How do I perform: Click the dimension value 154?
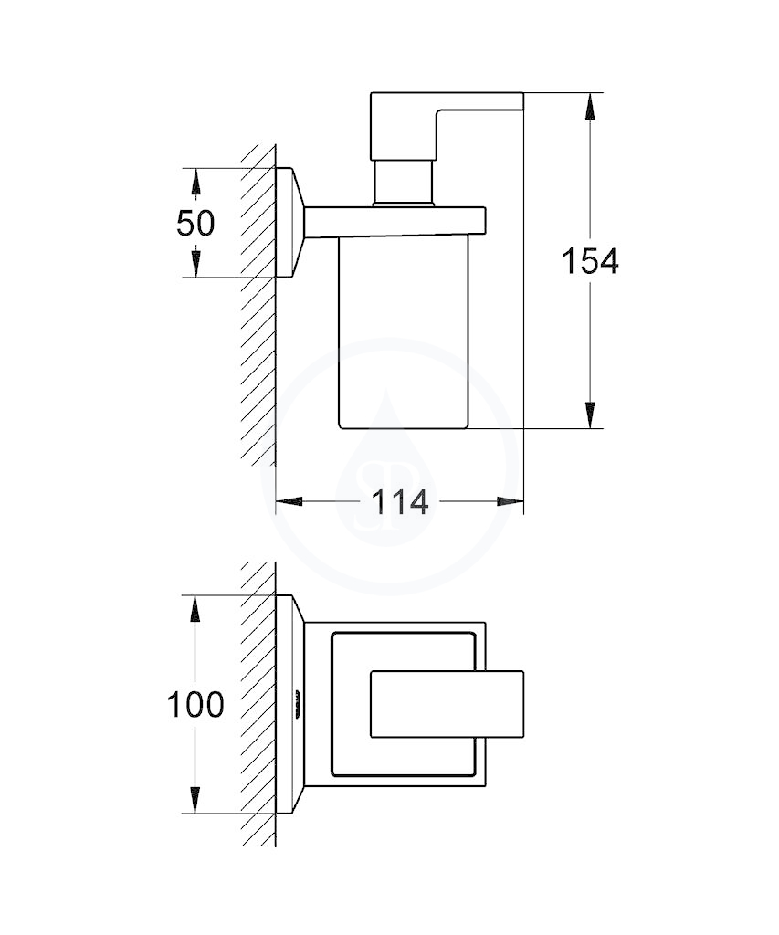[x=590, y=261]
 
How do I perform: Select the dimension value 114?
[x=400, y=502]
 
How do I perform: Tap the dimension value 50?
[x=195, y=223]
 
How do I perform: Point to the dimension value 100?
[x=195, y=704]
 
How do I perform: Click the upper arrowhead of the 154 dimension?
[x=589, y=106]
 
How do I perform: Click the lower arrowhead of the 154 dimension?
[x=589, y=415]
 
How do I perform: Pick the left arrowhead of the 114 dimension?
[x=289, y=502]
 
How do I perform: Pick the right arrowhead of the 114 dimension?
[x=510, y=502]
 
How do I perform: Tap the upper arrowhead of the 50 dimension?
[x=195, y=181]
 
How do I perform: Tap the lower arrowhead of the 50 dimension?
[x=195, y=264]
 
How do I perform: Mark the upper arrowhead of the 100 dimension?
[x=195, y=608]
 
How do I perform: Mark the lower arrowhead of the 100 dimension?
[x=195, y=800]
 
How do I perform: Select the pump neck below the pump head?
[x=402, y=183]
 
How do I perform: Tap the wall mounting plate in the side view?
[x=290, y=223]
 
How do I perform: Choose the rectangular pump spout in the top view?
[x=447, y=704]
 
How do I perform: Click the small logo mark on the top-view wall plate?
[x=294, y=704]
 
